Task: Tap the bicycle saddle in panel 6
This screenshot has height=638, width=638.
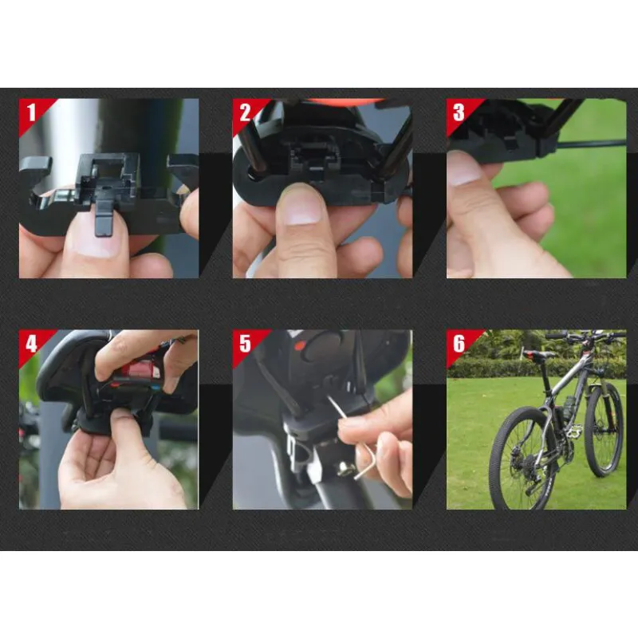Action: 538,354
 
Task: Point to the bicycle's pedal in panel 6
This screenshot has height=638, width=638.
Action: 573,432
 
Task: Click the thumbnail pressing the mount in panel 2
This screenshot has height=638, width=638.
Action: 303,207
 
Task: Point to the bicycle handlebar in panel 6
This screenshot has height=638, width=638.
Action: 586,336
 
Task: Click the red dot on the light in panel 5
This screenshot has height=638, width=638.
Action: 300,347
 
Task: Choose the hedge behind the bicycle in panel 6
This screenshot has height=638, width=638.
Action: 537,368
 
